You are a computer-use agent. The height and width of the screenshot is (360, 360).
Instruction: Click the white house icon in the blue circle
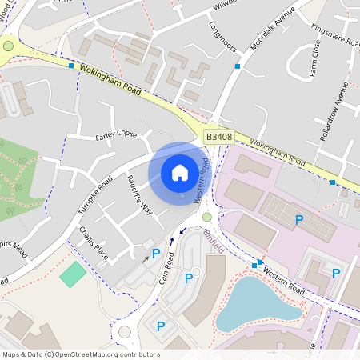180,173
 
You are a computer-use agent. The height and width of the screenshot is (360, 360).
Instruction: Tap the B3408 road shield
218,138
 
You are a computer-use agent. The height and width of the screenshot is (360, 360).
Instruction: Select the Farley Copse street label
117,134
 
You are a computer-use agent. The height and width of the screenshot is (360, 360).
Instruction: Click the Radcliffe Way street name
139,194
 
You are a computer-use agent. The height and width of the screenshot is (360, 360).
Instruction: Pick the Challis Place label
94,242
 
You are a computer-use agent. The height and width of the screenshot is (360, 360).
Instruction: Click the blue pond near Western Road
256,302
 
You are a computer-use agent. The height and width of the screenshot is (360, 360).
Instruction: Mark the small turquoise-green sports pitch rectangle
73,275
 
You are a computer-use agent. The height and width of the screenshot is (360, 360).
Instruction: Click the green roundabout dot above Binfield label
207,217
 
